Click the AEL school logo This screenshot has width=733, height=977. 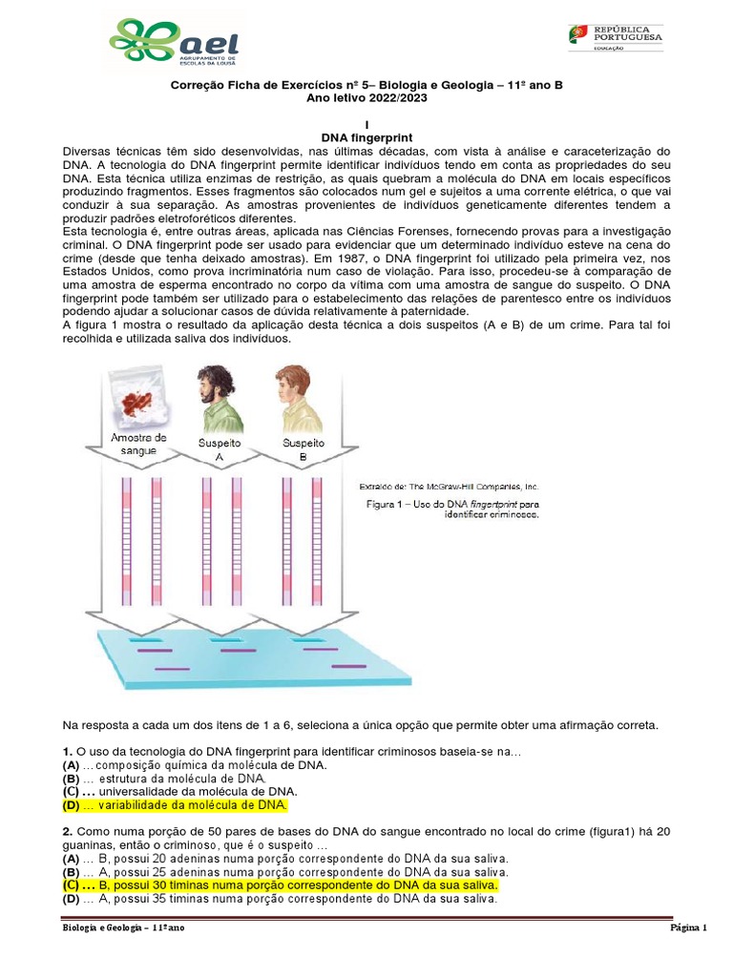174,44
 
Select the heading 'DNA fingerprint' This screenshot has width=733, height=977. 366,138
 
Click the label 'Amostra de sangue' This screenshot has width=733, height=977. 139,444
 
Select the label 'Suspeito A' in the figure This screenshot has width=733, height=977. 219,450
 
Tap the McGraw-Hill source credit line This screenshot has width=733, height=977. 449,485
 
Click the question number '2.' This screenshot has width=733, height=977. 67,831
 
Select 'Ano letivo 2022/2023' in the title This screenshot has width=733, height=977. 366,97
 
